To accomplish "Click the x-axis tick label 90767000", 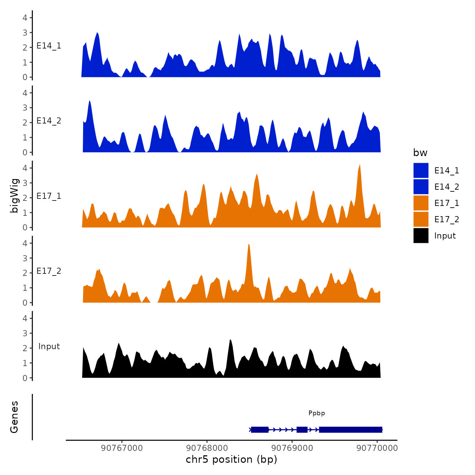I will (122, 448).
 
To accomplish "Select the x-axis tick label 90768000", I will (207, 448).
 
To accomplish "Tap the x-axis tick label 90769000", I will (292, 448).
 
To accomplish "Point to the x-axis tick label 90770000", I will (377, 448).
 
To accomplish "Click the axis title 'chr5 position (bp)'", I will (231, 459).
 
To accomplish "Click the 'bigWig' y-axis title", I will (14, 195).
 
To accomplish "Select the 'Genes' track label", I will (14, 417).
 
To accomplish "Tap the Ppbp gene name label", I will (317, 413).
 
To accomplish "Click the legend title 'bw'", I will (420, 153).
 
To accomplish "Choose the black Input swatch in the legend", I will (421, 235).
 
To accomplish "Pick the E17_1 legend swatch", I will (421, 203).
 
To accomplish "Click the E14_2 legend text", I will (446, 187).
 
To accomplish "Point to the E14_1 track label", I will (49, 46).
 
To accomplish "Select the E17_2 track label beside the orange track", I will (49, 271).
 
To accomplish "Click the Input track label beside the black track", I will (49, 346).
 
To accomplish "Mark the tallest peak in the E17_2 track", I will (249, 245).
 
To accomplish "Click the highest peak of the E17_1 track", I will (360, 165).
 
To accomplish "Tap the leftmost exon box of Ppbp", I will (260, 430).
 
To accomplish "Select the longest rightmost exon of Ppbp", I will (350, 430).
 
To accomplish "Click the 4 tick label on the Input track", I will (25, 318).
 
